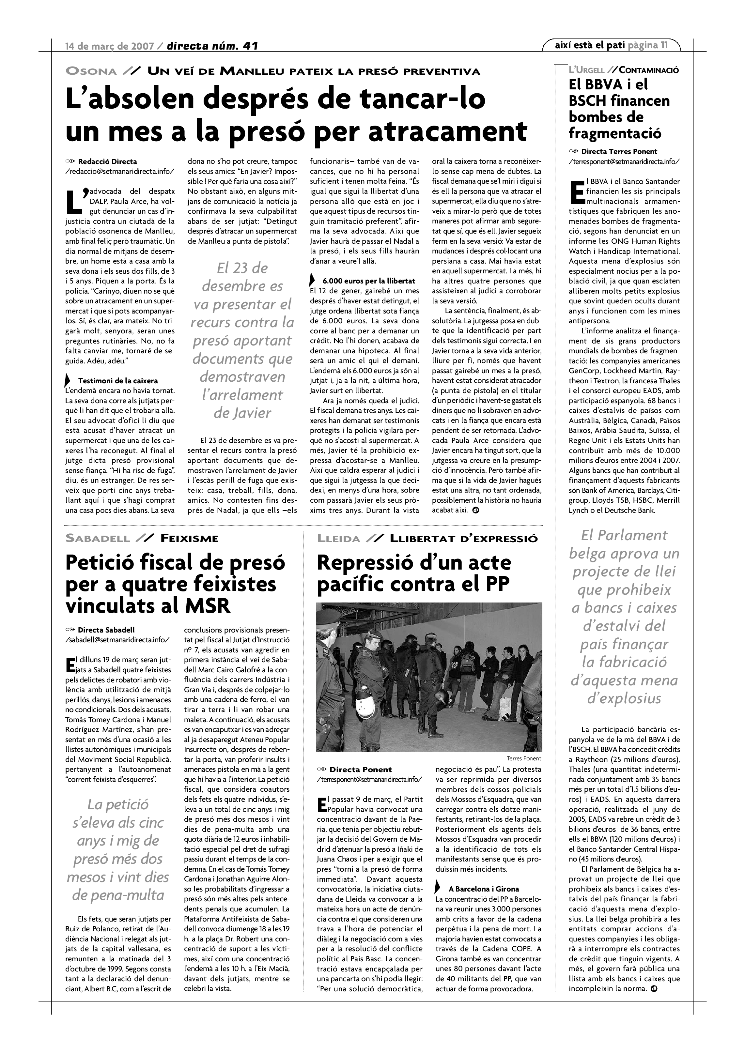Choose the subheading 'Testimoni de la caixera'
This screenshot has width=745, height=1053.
118,381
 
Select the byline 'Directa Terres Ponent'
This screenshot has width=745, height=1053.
619,151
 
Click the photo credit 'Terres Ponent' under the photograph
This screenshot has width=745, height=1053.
524,758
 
